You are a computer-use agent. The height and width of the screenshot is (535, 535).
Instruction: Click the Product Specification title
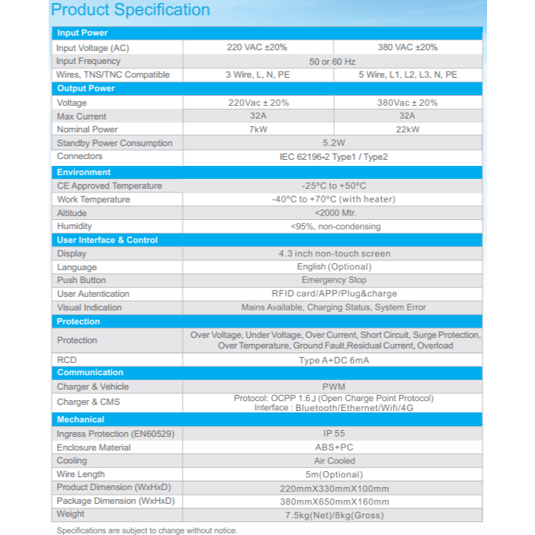click(130, 11)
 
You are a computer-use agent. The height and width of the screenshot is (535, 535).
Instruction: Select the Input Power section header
click(82, 33)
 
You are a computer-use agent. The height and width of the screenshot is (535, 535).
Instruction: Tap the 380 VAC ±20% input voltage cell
click(407, 47)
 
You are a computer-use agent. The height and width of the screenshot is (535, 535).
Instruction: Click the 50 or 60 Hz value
click(333, 61)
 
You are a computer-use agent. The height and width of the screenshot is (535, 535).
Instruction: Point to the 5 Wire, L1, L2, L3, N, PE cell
click(408, 75)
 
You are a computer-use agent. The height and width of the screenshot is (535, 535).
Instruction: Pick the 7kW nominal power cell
click(257, 129)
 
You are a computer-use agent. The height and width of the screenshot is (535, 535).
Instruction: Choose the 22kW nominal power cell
click(407, 129)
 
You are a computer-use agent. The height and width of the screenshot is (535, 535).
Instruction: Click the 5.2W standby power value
click(333, 143)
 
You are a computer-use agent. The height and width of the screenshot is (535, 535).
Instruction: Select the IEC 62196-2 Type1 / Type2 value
click(333, 157)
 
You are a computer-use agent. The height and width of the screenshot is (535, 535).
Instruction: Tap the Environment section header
click(84, 172)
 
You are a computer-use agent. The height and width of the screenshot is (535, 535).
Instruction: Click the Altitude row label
click(72, 213)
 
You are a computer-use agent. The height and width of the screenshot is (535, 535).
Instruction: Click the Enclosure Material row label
click(94, 447)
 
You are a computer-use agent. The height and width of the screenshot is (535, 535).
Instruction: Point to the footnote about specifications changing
click(147, 530)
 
